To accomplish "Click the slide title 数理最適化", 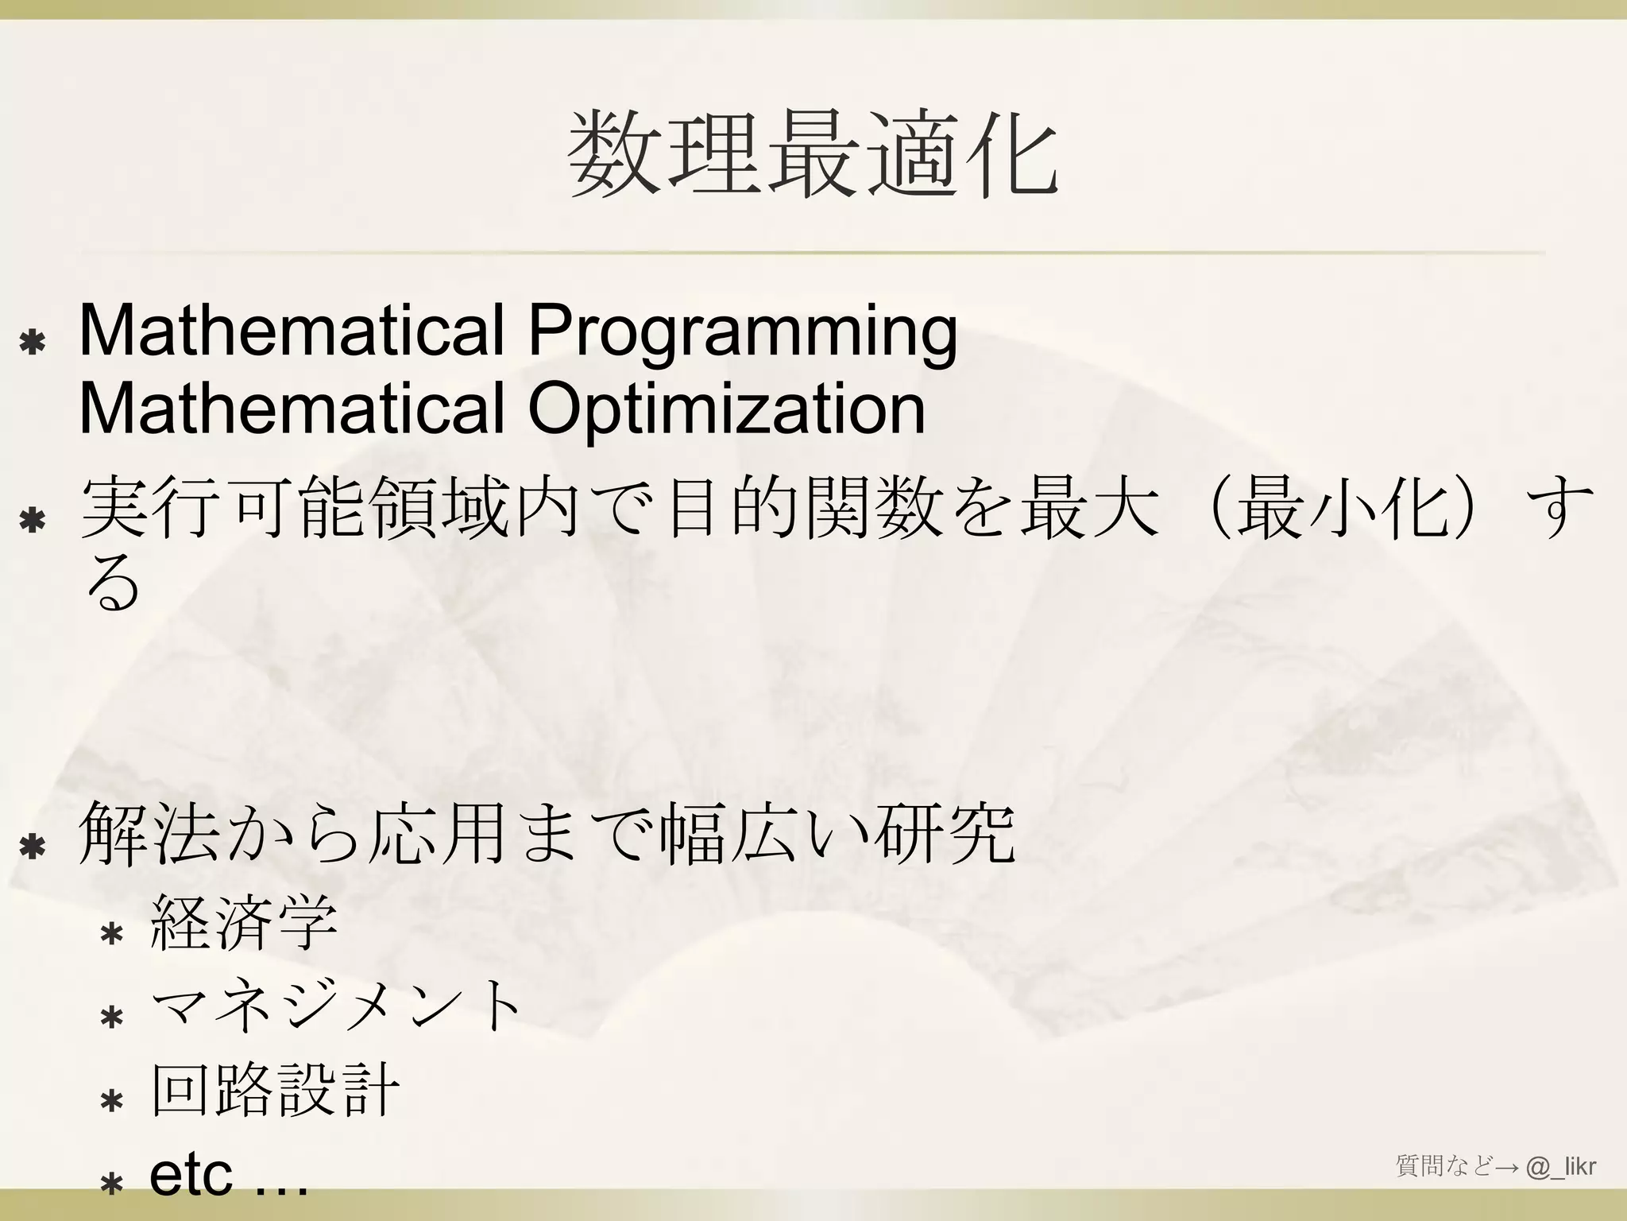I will [x=813, y=154].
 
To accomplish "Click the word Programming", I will [x=742, y=331].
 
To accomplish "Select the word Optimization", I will [x=726, y=409].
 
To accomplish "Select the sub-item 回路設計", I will [x=275, y=1091].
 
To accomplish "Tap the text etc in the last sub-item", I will [x=191, y=1174].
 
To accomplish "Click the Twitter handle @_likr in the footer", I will [x=1561, y=1167].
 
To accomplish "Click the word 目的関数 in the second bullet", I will [x=802, y=509].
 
